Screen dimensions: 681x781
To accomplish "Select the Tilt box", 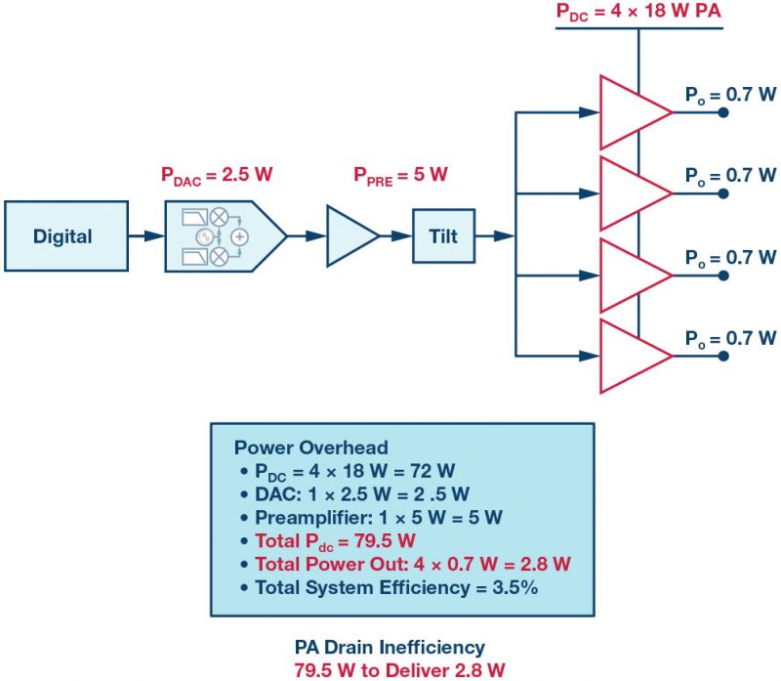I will click(443, 235).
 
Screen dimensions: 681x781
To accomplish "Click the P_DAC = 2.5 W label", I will click(217, 176).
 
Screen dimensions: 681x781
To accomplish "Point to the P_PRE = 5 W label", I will click(400, 176).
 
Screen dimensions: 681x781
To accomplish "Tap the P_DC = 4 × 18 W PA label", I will click(638, 13).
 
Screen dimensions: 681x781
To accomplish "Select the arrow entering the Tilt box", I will click(395, 235).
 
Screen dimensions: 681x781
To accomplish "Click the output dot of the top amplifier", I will click(722, 112).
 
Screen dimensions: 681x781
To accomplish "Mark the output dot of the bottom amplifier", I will click(722, 356).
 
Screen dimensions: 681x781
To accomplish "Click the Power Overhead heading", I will click(310, 447).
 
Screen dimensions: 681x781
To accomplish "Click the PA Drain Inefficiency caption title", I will click(390, 647).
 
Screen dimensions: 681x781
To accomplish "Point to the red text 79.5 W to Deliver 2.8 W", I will click(390, 669).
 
